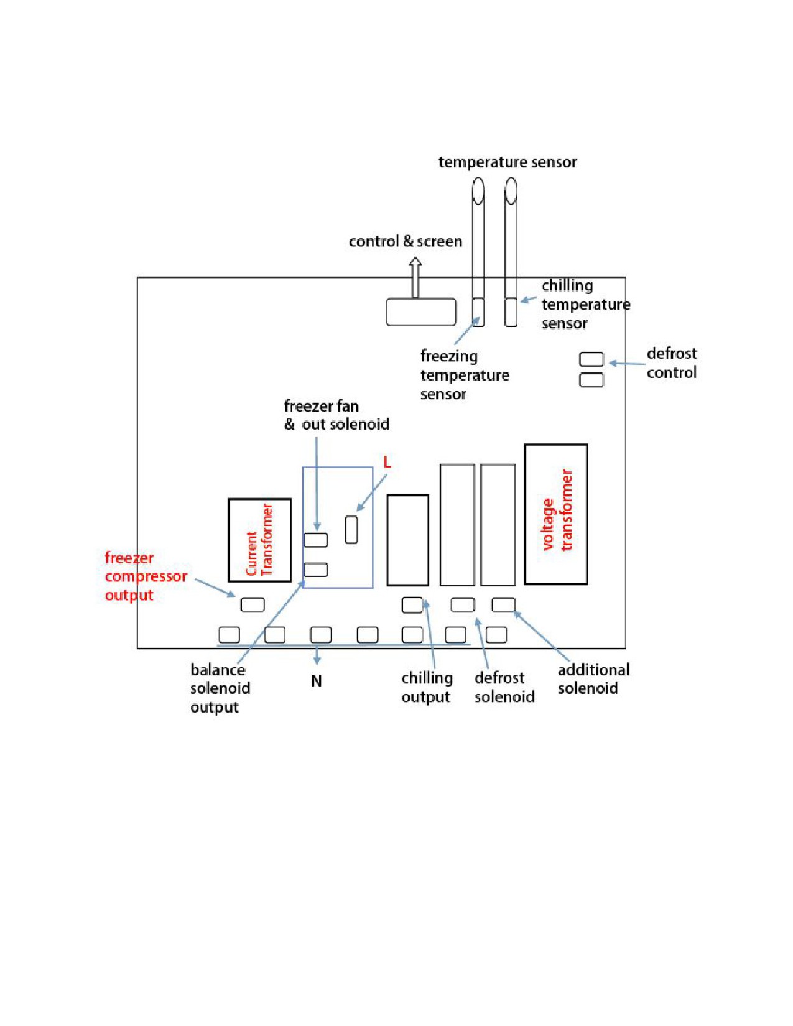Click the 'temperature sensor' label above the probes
pyautogui.click(x=508, y=162)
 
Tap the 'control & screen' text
pyautogui.click(x=406, y=241)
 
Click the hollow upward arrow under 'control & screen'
pyautogui.click(x=415, y=277)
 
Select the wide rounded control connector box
pyautogui.click(x=421, y=312)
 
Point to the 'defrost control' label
pyautogui.click(x=672, y=363)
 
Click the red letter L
pyautogui.click(x=387, y=462)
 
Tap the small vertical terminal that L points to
pyautogui.click(x=351, y=530)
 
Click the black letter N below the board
pyautogui.click(x=317, y=681)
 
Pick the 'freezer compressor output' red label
pyautogui.click(x=146, y=576)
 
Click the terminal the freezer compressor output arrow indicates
pyautogui.click(x=253, y=604)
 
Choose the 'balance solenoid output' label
pyautogui.click(x=220, y=688)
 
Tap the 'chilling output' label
pyautogui.click(x=427, y=688)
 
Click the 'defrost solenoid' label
pyautogui.click(x=504, y=687)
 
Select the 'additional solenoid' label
pyautogui.click(x=594, y=678)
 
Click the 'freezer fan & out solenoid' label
pyautogui.click(x=336, y=415)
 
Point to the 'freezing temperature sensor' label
pyautogui.click(x=465, y=375)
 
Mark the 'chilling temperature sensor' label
pyautogui.click(x=586, y=304)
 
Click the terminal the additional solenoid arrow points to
pyautogui.click(x=503, y=604)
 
